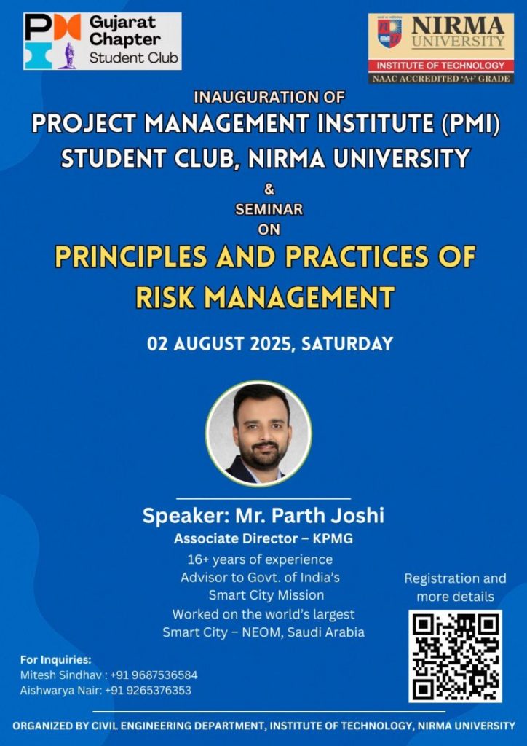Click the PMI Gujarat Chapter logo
coord(102,41)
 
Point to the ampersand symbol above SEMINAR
coord(269,189)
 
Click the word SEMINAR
coord(269,209)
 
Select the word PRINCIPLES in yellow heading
coord(131,257)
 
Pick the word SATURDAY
coord(347,344)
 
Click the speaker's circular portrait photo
coord(259,433)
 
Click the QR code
coord(455,656)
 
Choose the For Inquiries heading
coord(55,660)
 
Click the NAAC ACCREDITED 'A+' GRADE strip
coord(441,78)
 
